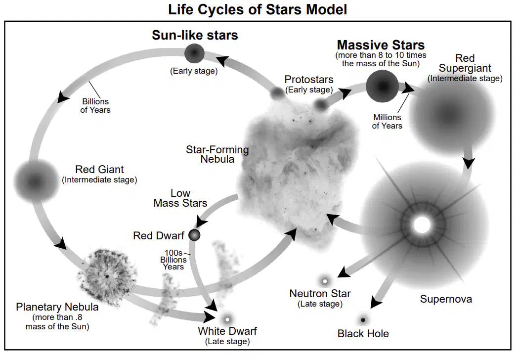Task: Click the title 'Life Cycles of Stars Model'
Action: pos(258,9)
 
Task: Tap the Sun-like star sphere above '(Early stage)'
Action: pos(194,53)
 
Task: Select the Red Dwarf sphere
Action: pos(194,235)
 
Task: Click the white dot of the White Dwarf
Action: pos(227,319)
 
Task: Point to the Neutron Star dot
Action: pos(325,281)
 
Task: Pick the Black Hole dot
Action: pos(363,320)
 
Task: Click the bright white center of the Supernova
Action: pos(422,225)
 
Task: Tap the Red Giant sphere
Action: pos(36,181)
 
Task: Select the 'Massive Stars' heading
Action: pos(381,45)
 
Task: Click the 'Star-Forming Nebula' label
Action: pos(217,154)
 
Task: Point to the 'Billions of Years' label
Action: pos(95,105)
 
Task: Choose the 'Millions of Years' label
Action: pos(387,122)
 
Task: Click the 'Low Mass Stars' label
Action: pos(180,198)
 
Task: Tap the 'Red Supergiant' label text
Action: pos(465,63)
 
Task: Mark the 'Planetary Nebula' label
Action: pos(57,307)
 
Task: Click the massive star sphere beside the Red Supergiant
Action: pos(383,86)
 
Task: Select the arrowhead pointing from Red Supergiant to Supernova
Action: pos(469,163)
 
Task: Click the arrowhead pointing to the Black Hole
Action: pos(376,302)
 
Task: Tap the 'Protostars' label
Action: pos(309,79)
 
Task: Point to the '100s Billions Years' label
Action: pos(173,260)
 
